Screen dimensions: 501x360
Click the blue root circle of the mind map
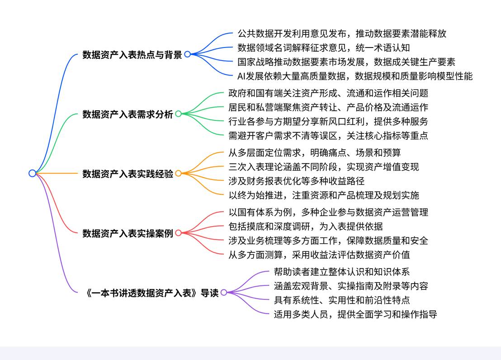point(32,173)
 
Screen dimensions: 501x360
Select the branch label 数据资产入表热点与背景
point(132,55)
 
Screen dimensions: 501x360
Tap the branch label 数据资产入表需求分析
point(128,114)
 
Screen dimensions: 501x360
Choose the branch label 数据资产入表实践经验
point(128,174)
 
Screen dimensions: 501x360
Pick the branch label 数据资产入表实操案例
point(128,233)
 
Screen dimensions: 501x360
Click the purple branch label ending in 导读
point(152,293)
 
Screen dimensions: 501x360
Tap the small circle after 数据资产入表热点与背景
point(187,54)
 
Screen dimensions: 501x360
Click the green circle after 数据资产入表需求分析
point(178,114)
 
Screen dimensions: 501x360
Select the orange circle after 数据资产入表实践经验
point(178,173)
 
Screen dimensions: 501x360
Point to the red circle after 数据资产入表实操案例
point(178,233)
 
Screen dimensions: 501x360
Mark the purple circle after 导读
point(224,293)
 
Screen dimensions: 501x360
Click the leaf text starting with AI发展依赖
point(355,76)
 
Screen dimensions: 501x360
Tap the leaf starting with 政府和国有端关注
point(328,93)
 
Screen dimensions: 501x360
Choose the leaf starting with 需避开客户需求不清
point(328,135)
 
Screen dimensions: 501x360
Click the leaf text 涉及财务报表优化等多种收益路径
point(297,181)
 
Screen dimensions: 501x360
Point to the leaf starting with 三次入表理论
point(324,166)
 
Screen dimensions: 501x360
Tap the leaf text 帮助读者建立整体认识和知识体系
point(342,272)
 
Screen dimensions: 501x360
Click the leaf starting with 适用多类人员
point(355,314)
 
